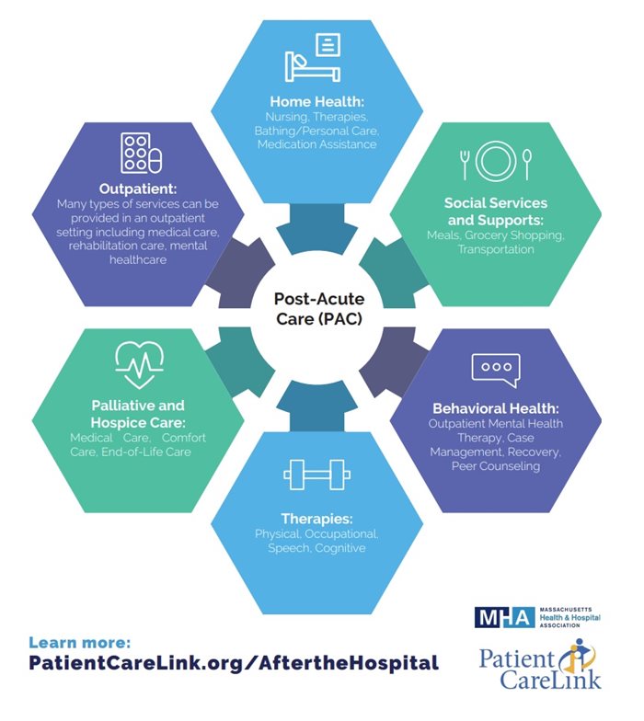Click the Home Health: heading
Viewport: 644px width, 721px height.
coord(317,102)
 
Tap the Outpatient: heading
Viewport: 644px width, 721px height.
coord(138,188)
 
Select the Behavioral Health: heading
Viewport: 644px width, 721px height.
coord(496,407)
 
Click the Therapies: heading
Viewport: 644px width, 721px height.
coord(317,518)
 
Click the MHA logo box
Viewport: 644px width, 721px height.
coord(505,617)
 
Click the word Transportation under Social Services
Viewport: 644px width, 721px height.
coord(496,250)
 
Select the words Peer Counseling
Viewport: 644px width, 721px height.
coord(496,466)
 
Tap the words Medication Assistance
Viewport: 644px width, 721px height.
coord(317,145)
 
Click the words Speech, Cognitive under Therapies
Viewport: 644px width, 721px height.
coord(317,548)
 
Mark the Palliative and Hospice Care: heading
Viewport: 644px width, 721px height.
coord(138,413)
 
